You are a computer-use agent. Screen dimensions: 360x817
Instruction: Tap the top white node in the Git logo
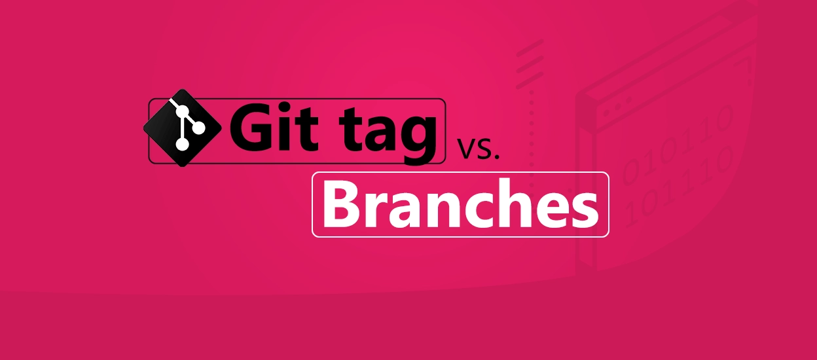pos(173,105)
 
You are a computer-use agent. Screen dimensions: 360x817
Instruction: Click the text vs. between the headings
pos(478,150)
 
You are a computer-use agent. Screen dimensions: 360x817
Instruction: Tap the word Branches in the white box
pos(460,204)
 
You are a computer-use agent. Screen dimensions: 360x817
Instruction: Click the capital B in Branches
pos(340,204)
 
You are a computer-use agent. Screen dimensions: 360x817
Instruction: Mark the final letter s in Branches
pos(585,209)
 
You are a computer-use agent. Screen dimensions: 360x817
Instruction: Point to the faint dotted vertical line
pos(531,132)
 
